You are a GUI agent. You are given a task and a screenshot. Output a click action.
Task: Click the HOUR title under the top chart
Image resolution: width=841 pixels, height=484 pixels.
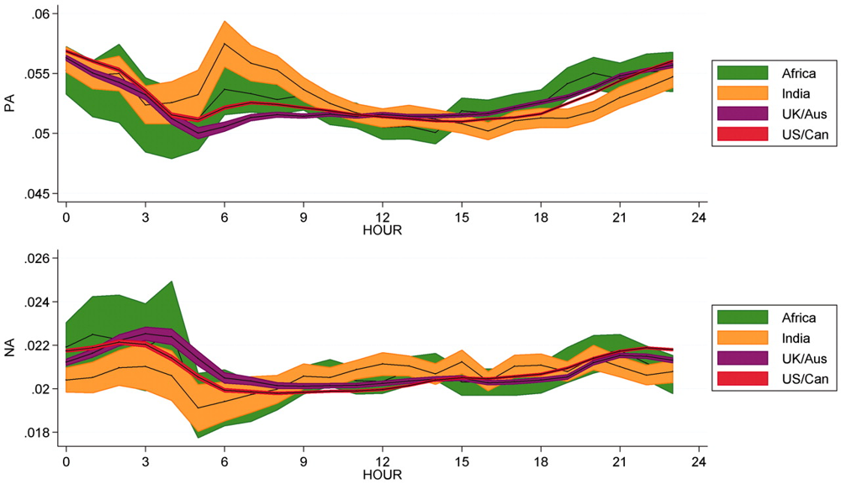point(383,229)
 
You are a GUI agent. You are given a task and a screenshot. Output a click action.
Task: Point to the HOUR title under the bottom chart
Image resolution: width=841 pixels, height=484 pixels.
point(383,475)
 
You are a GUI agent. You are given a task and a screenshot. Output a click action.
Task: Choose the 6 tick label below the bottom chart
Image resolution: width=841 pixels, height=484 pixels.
point(224,462)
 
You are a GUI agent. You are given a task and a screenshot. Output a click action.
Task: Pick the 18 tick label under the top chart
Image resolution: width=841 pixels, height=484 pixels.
point(542,216)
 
